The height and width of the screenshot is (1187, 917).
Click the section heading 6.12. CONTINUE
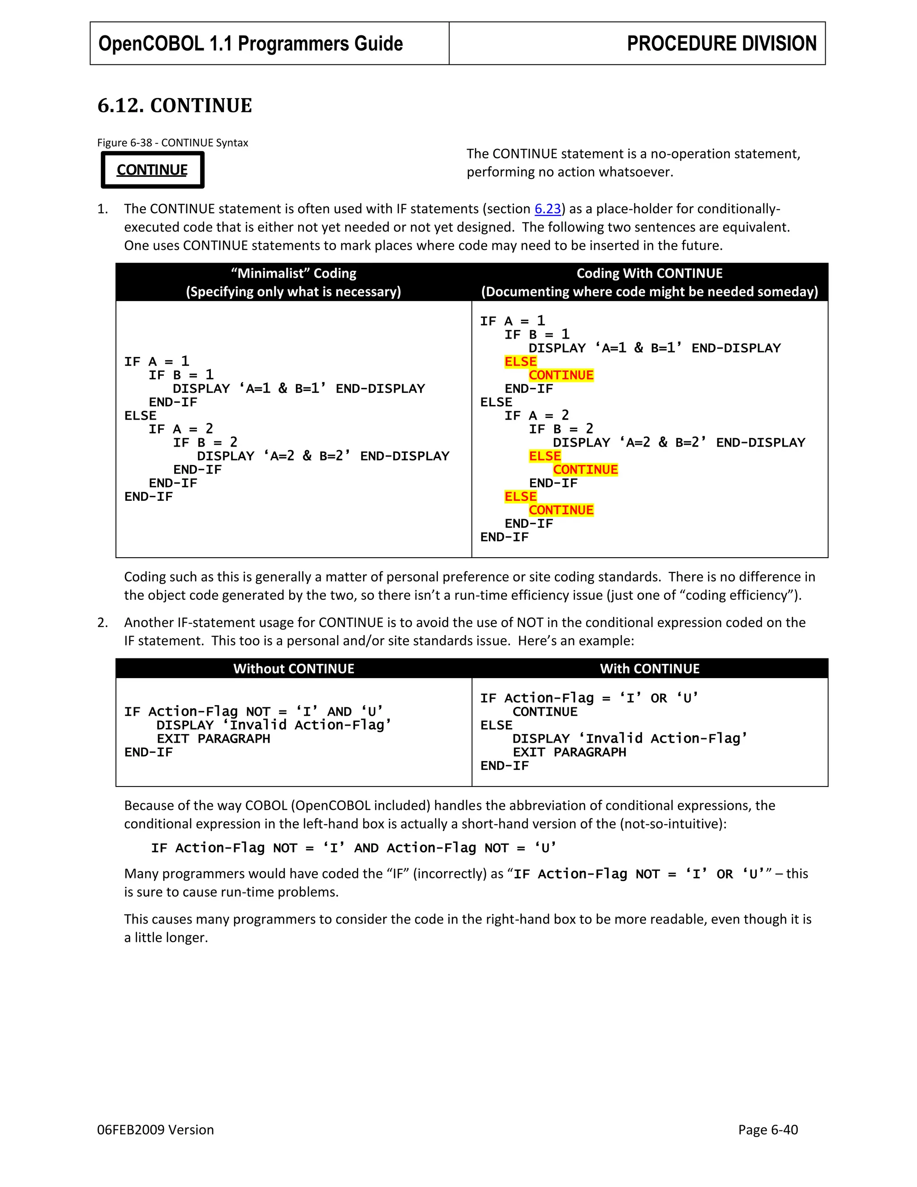point(174,105)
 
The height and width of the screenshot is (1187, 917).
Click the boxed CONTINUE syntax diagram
point(152,170)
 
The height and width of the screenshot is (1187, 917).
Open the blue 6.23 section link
point(547,209)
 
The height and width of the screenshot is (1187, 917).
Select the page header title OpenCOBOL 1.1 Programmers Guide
point(250,43)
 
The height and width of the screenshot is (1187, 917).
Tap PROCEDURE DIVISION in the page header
point(721,43)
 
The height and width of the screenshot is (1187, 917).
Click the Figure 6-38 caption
point(172,143)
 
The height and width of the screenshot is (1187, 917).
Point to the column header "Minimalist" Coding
point(293,273)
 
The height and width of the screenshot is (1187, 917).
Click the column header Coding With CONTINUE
point(649,273)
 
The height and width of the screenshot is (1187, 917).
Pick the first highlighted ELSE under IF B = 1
point(520,362)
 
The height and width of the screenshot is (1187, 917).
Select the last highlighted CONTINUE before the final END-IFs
point(561,510)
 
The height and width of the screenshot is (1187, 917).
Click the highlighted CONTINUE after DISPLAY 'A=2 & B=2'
point(585,469)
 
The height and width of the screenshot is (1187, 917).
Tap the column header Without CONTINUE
point(293,668)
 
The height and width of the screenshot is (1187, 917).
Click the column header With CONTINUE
point(649,668)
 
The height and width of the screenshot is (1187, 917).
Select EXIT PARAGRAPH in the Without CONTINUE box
point(213,739)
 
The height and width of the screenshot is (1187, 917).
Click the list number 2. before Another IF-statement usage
point(103,622)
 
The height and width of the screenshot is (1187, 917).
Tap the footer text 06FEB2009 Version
point(155,1129)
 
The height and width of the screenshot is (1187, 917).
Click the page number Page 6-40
point(767,1129)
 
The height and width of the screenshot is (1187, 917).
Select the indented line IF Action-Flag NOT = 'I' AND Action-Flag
point(353,848)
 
